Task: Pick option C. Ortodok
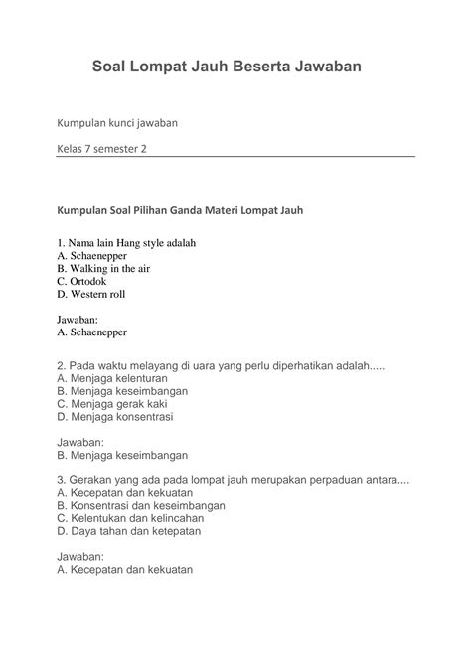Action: (81, 281)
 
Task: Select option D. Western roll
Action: (91, 294)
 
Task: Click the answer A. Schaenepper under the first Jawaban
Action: (91, 332)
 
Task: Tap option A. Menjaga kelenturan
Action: (112, 378)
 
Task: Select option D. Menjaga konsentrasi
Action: (115, 417)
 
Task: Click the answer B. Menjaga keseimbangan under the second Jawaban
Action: (122, 455)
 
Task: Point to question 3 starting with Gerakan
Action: (234, 479)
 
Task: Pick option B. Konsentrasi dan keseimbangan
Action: (141, 505)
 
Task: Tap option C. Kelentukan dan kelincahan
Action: (130, 518)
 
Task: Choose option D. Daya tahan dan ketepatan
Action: (129, 531)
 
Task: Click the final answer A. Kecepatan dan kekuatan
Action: (124, 570)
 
